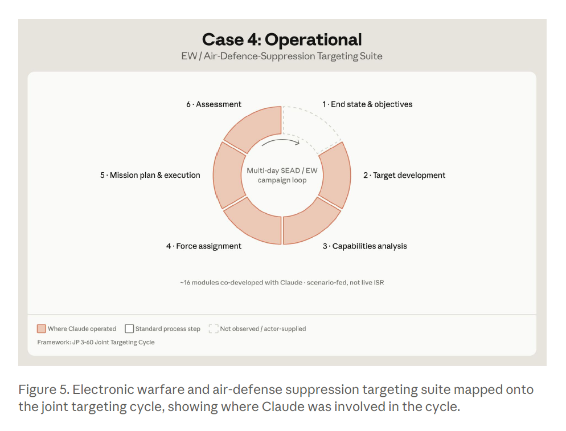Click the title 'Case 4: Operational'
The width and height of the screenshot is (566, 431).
coord(281,39)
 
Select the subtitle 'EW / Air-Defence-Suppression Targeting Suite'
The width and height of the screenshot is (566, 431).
coord(281,56)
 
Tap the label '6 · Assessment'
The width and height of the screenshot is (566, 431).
coord(214,104)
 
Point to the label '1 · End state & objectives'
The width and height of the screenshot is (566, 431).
coord(367,104)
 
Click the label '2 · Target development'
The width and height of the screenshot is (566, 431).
coord(404,175)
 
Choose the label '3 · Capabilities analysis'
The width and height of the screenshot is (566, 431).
coord(364,246)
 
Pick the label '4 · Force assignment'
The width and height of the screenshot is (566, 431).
coord(204,246)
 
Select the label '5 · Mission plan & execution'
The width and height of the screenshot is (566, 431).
coord(150,175)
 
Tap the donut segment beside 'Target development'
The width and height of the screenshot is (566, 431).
coord(336,176)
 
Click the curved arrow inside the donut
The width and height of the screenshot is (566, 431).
coord(281,141)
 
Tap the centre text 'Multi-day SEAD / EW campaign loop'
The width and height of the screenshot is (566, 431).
coord(282,175)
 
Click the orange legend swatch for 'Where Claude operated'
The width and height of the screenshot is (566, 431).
coord(42,329)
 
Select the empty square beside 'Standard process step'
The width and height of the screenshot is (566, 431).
coord(129,329)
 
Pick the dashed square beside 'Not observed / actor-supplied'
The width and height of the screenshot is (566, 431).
coord(214,329)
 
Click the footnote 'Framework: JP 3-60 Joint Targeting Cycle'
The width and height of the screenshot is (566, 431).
coord(96,342)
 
